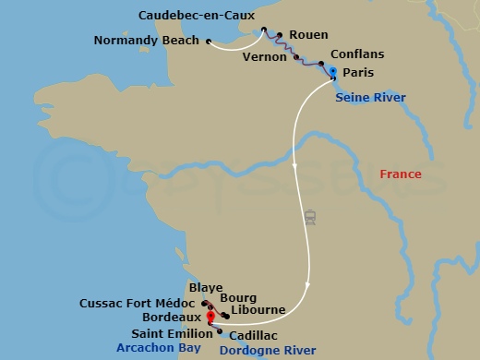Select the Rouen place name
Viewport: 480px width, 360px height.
308,35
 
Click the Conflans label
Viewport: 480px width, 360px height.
356,54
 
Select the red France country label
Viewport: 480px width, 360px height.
401,174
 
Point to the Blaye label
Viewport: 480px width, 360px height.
206,287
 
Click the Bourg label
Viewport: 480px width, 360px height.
238,297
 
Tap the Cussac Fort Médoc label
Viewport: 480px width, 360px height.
137,303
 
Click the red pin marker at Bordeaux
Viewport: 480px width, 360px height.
211,316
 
